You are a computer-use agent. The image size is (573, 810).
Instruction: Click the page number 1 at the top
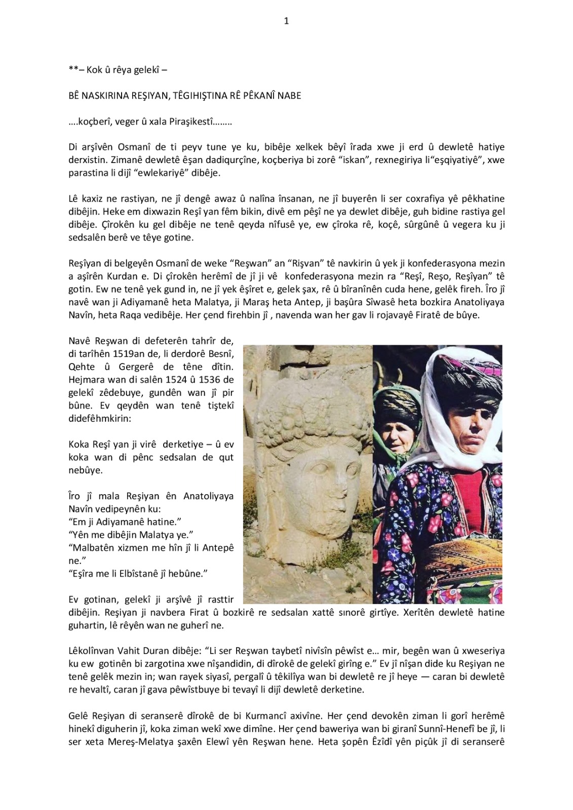pyautogui.click(x=286, y=21)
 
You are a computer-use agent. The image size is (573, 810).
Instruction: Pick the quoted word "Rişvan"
pyautogui.click(x=297, y=263)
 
